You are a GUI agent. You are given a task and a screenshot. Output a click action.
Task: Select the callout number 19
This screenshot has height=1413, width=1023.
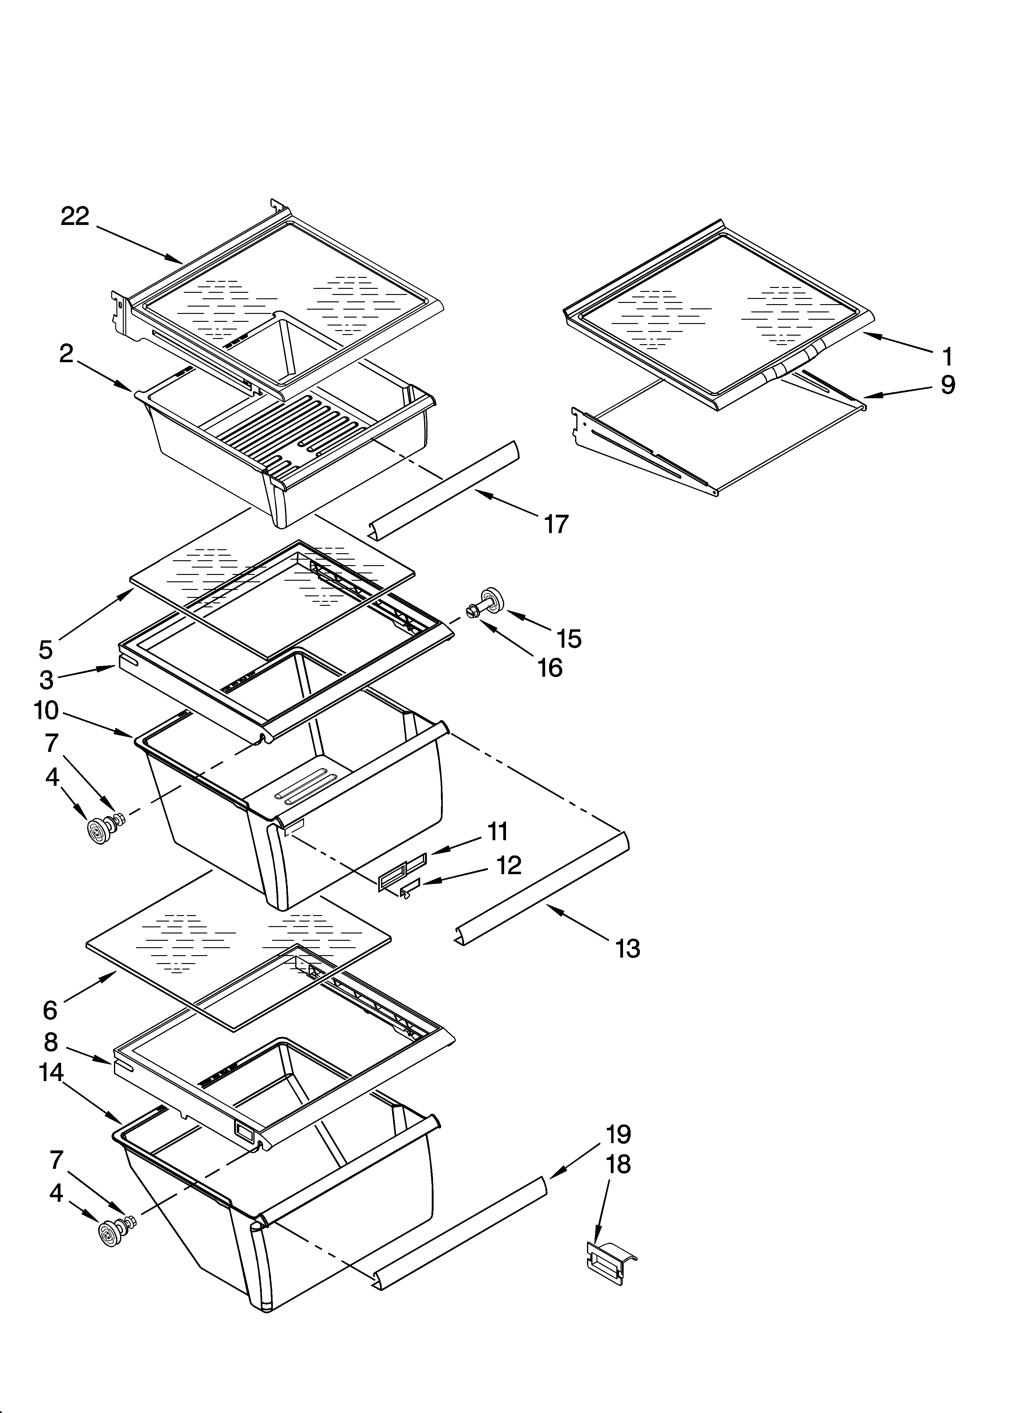click(618, 1134)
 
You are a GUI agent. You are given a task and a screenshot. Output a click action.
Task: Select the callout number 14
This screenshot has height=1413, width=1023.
click(52, 1073)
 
